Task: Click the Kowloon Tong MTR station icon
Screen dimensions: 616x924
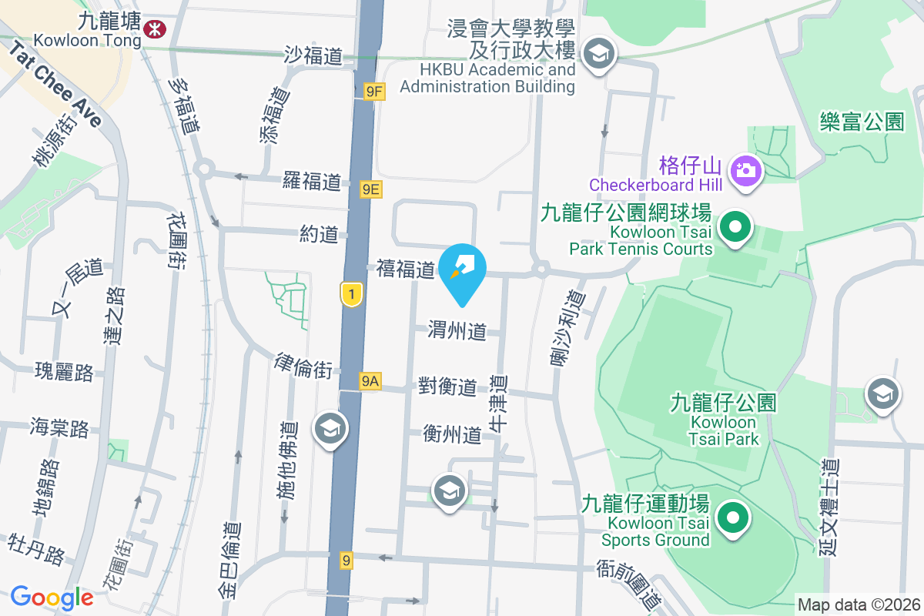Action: coord(155,28)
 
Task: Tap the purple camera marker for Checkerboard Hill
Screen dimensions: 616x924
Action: coord(746,168)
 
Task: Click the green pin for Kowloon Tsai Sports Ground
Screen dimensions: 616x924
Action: coord(732,517)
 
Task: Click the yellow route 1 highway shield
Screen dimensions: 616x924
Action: coord(351,293)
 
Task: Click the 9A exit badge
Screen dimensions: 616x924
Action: coord(370,381)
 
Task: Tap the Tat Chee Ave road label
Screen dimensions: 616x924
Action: coord(55,83)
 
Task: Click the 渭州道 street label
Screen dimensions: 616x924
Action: coord(457,332)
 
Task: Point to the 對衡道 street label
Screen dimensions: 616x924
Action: coord(447,387)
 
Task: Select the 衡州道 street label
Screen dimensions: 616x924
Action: coord(452,435)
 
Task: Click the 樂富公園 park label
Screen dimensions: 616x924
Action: coord(862,122)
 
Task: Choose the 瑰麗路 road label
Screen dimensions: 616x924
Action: coord(64,373)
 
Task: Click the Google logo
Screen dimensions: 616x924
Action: coord(52,598)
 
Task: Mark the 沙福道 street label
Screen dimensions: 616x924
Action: coord(313,55)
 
